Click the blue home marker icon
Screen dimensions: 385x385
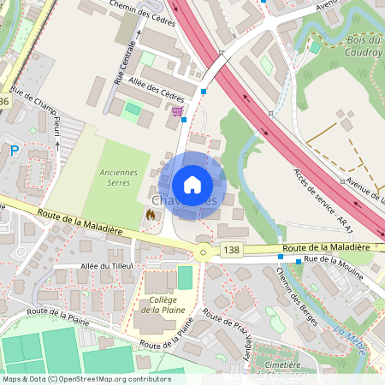coord(192,185)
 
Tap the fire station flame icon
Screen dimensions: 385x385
coord(151,215)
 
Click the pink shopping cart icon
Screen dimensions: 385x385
coord(177,111)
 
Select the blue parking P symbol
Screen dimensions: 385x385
coord(14,150)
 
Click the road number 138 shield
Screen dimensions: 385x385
coord(230,250)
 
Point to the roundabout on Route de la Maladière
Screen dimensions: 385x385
coord(203,252)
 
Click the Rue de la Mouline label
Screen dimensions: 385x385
coord(335,264)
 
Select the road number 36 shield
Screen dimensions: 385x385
coord(5,102)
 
